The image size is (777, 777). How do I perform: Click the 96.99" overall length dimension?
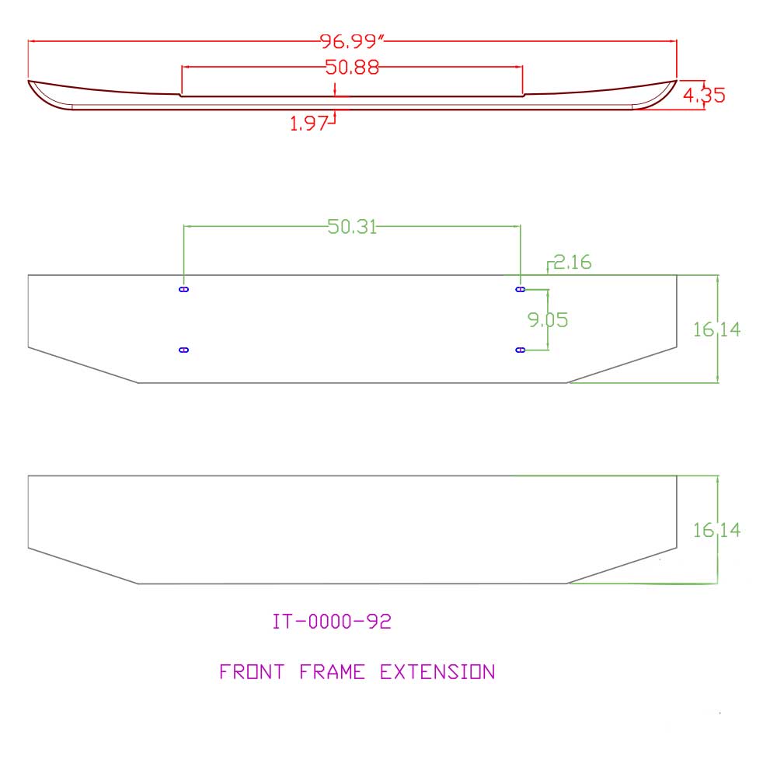[352, 41]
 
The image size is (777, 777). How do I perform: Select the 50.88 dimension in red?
[352, 67]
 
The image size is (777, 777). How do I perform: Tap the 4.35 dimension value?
[704, 95]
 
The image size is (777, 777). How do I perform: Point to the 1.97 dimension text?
[308, 124]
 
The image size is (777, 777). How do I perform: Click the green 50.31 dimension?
[352, 227]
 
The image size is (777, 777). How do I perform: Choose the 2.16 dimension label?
[573, 262]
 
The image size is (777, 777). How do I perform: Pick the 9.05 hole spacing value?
[548, 320]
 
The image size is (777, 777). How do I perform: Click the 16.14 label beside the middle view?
[716, 329]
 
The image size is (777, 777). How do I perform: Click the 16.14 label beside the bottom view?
[716, 531]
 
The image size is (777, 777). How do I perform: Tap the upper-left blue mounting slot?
[184, 289]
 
